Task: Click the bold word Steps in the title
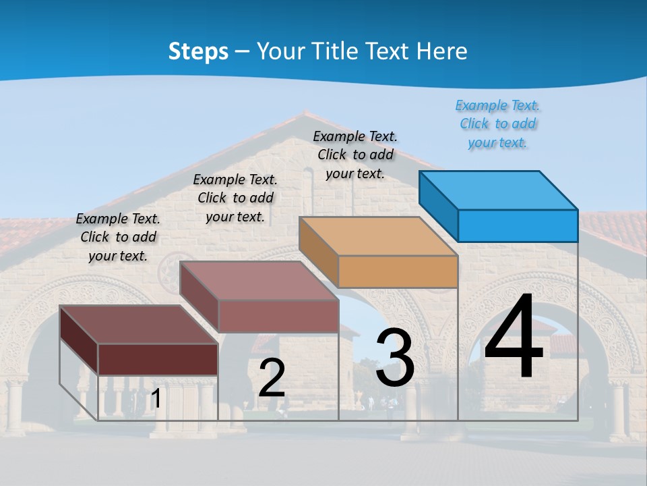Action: click(198, 51)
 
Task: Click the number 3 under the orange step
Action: click(395, 357)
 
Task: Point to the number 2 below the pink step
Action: click(272, 377)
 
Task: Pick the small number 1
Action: click(156, 398)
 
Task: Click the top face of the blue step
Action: click(499, 190)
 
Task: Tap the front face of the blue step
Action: click(518, 225)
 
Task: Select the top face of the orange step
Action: click(378, 236)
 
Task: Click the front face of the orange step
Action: click(398, 272)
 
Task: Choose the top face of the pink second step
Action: click(259, 280)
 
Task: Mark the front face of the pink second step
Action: click(278, 316)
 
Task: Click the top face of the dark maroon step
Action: click(139, 324)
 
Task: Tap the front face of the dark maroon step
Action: click(158, 359)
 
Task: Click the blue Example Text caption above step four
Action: click(497, 124)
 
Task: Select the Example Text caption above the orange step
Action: click(355, 155)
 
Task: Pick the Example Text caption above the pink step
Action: click(235, 198)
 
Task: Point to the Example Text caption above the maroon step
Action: click(118, 237)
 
